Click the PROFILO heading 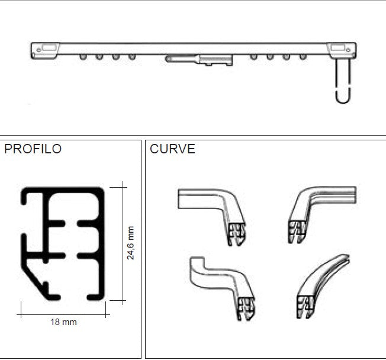[x=33, y=149]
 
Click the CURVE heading [x=172, y=149]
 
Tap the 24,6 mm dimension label [x=131, y=243]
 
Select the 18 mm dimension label [x=63, y=322]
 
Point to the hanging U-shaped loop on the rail [x=343, y=83]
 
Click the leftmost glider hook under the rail [x=83, y=57]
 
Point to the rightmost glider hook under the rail [x=303, y=57]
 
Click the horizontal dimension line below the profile [x=63, y=309]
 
